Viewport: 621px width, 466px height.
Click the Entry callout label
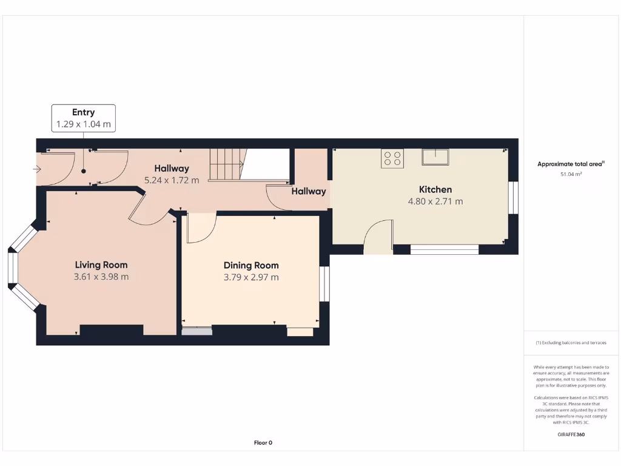84,112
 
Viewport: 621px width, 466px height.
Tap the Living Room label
101,265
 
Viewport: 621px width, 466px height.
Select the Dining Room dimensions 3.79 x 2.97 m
251,277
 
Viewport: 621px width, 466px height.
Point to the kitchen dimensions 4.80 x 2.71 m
435,201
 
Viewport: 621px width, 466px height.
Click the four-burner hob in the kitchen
392,158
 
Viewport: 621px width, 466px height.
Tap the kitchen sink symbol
435,157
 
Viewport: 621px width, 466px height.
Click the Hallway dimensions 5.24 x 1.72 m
172,180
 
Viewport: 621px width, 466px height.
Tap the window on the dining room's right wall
324,284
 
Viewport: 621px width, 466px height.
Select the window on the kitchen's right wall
513,198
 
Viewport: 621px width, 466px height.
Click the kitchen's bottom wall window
444,249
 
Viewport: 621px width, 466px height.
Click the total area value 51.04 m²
570,174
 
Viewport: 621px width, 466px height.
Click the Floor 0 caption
263,443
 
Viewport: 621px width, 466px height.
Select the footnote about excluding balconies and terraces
571,343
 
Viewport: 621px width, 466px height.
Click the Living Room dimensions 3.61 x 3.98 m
101,277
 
